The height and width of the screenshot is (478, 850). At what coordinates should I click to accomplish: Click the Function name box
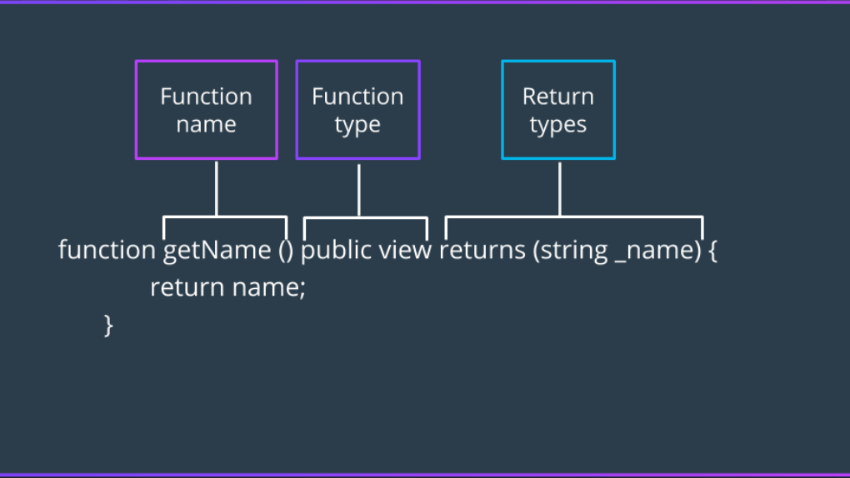[206, 110]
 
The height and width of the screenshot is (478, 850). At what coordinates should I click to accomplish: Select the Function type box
[357, 110]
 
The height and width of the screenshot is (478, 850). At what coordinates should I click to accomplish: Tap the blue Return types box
[557, 110]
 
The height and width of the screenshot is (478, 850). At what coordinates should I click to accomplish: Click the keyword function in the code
[106, 250]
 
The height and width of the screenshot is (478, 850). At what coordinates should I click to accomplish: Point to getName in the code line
[217, 250]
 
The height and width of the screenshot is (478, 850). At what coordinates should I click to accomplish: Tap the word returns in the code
[482, 250]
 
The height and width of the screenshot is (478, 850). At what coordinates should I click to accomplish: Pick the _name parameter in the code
[653, 250]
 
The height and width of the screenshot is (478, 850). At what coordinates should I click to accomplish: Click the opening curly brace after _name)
[712, 251]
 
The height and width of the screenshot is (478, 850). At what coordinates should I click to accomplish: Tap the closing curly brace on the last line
[107, 324]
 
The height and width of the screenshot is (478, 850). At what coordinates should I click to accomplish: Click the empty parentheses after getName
[285, 250]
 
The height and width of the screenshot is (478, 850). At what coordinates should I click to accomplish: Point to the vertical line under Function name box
[217, 188]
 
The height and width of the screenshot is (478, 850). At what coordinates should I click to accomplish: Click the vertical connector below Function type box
[359, 190]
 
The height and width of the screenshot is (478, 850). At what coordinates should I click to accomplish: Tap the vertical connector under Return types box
[559, 188]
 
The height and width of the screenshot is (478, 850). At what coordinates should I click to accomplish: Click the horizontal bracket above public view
[366, 219]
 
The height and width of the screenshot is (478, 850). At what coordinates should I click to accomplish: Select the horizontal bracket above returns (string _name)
[574, 217]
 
